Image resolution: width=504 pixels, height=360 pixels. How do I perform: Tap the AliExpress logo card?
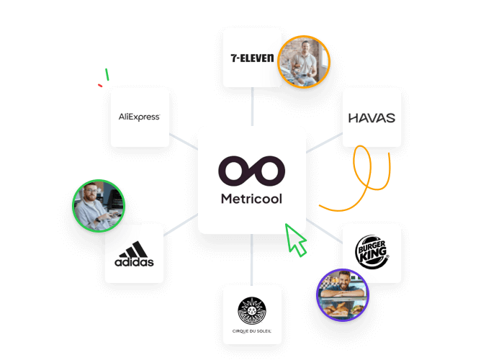coord(140,117)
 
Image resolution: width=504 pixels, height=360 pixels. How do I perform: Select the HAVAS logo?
coord(372,117)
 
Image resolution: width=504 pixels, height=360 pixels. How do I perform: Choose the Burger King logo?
coord(372,253)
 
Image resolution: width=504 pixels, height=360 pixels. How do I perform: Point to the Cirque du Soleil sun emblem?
coord(252,310)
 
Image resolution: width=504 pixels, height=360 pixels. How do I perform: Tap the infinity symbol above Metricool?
coord(252,171)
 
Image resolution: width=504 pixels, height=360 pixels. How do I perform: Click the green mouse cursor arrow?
coord(295,239)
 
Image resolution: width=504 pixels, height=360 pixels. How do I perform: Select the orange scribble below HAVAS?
coord(364,176)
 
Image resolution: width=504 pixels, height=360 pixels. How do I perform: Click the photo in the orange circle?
coord(304,62)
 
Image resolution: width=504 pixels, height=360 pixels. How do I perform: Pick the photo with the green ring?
coord(99,206)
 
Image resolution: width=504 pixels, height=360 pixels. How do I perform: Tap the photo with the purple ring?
coord(343,294)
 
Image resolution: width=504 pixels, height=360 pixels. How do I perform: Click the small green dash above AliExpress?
coord(107,74)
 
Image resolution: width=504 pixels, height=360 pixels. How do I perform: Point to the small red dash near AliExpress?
coord(100,86)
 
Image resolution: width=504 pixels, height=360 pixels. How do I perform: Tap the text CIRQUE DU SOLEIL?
coord(252,331)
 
